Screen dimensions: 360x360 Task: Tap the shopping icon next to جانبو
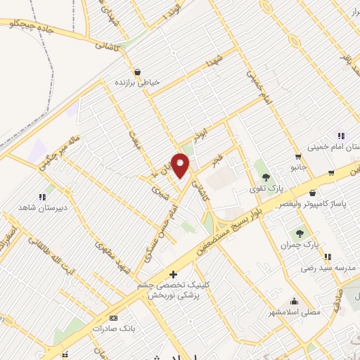(298, 157)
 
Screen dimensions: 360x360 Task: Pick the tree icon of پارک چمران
(300, 233)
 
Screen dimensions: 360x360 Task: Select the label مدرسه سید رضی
(319, 269)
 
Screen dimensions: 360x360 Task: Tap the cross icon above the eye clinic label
(174, 274)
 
